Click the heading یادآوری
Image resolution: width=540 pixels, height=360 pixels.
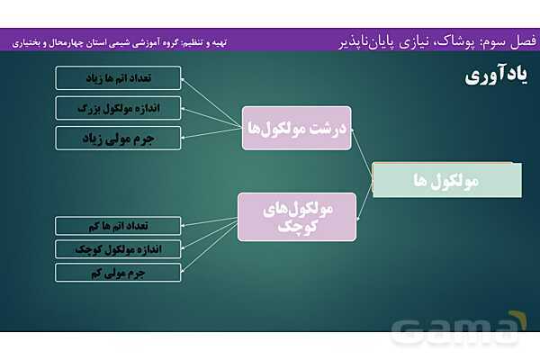pos(496,76)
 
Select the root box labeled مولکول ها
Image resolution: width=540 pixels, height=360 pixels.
pos(446,180)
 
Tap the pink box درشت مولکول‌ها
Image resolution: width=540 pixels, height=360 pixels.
pos(297,128)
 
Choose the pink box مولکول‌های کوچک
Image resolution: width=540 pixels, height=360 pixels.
pos(297,216)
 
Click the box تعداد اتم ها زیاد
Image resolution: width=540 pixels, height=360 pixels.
pos(118,78)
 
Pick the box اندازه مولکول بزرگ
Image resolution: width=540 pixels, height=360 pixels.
pos(118,108)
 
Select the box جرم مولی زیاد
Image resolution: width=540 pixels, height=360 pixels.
pos(118,138)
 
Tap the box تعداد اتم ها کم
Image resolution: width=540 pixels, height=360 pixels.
pos(118,225)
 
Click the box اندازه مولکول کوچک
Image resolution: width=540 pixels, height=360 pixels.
pos(118,248)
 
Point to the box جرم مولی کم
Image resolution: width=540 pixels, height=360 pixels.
pos(118,272)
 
